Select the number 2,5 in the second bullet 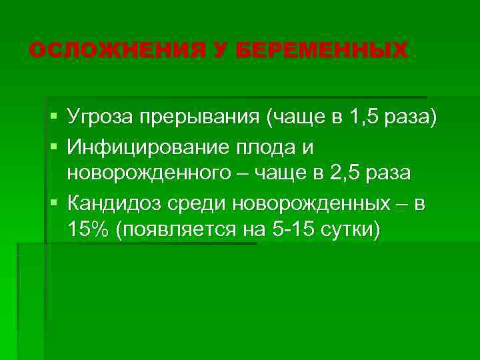click(339, 173)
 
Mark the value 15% click(87, 229)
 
